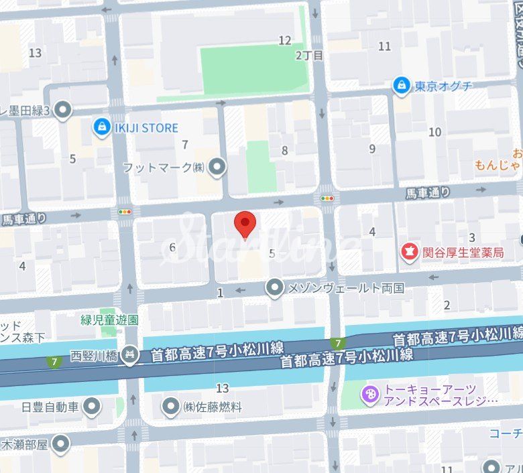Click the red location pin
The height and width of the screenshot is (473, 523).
(x=245, y=223)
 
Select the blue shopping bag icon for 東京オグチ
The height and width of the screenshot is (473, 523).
(x=401, y=86)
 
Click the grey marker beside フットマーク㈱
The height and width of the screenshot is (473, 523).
(x=217, y=167)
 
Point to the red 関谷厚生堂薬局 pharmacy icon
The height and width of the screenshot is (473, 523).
(x=408, y=252)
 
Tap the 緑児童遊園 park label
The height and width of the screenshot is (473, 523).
(x=109, y=319)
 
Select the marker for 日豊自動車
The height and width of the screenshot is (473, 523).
(x=92, y=406)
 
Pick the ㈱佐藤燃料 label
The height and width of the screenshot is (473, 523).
(x=212, y=407)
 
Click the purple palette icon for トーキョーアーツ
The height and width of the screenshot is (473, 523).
(x=369, y=395)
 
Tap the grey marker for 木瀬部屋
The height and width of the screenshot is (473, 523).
(x=62, y=444)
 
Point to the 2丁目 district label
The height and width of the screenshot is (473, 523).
(x=309, y=56)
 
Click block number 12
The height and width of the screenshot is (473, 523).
(x=285, y=41)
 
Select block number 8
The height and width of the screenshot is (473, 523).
(x=284, y=151)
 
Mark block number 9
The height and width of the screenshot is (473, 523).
(x=372, y=149)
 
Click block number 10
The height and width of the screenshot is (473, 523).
(x=435, y=132)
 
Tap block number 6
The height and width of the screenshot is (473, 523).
(x=172, y=248)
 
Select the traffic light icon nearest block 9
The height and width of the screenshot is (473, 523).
(x=327, y=198)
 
